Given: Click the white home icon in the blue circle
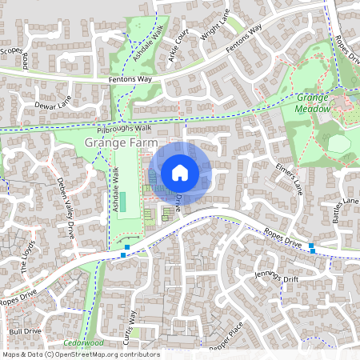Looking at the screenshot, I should tap(180, 172).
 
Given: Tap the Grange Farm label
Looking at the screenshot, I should tap(118, 143).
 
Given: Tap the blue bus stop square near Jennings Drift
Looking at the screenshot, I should tap(312, 251).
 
